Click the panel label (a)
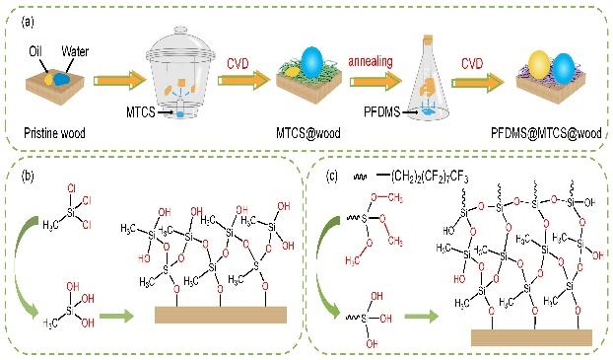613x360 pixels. click(x=28, y=22)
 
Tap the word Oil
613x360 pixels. click(x=35, y=51)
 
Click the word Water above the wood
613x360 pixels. click(x=75, y=51)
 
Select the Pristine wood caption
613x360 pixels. click(x=54, y=133)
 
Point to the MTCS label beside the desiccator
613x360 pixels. click(x=140, y=112)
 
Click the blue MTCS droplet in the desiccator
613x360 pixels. click(x=180, y=114)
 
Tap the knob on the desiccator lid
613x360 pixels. click(x=180, y=30)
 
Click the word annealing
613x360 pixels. click(x=371, y=61)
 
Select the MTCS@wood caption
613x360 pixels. click(x=308, y=133)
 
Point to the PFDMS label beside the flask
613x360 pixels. click(x=382, y=112)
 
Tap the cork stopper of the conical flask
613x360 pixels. click(x=429, y=39)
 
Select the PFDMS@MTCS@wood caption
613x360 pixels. click(x=546, y=133)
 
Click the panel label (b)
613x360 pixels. click(x=28, y=176)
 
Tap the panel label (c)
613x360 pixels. click(x=332, y=177)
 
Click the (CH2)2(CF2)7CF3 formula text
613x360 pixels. click(x=430, y=178)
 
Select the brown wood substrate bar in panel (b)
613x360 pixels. click(x=221, y=315)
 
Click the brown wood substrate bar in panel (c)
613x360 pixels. click(x=531, y=337)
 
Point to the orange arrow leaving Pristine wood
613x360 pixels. click(x=119, y=80)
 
